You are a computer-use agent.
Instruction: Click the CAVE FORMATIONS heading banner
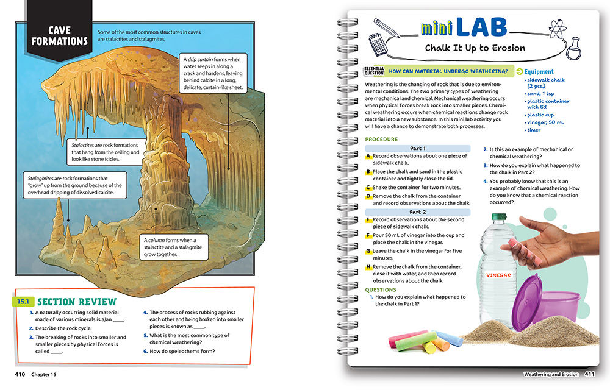coord(60,36)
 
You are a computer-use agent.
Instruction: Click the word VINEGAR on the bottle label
coord(498,275)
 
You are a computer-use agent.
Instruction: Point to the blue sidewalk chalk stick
coord(449,338)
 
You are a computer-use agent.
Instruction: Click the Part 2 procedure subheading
coord(418,212)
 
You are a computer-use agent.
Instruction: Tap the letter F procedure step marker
coord(368,235)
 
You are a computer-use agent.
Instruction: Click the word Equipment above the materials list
coord(539,72)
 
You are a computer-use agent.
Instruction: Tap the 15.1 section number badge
coord(24,302)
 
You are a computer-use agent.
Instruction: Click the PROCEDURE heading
coord(381,140)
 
